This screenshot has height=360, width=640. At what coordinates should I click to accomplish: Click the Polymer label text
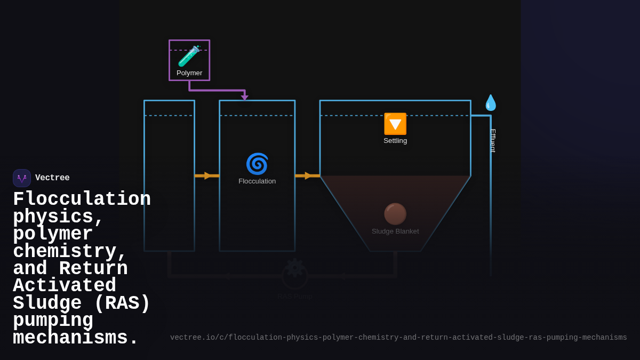[189, 73]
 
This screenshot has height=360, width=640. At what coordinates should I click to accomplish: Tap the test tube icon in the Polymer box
[189, 57]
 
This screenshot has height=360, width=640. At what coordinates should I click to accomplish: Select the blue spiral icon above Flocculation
[257, 164]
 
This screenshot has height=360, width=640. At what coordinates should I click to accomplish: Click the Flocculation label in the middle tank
[257, 181]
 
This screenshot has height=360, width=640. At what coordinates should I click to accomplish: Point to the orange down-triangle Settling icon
[395, 124]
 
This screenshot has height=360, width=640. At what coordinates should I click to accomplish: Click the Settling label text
[395, 141]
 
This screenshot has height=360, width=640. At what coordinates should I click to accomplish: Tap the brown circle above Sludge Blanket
[395, 214]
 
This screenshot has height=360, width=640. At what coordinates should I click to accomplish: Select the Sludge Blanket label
[395, 231]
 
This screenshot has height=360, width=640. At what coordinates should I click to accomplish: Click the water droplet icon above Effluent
[490, 102]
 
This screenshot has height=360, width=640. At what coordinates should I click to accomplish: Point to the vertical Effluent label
[493, 141]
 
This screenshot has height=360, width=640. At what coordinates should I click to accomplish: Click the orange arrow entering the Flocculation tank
[207, 175]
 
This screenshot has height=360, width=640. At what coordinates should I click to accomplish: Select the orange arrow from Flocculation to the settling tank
[307, 175]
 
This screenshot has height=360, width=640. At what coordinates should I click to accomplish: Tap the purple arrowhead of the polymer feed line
[245, 98]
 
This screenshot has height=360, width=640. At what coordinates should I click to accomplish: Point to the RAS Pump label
[295, 297]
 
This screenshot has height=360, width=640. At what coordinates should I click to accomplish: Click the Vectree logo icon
[22, 178]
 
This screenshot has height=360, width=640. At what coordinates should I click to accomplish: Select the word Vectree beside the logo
[52, 178]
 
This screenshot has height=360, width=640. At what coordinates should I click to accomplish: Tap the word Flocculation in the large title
[82, 199]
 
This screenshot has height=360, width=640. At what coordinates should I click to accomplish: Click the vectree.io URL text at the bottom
[398, 338]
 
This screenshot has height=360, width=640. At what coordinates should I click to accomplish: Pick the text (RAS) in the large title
[122, 303]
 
